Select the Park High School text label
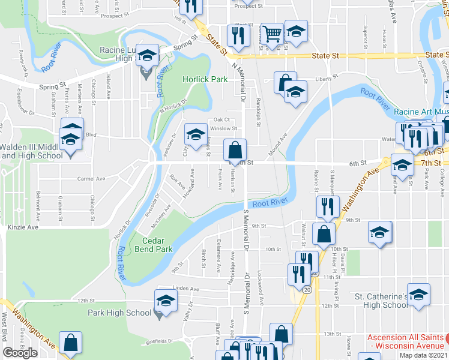click(119, 313)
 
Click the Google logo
click(20, 353)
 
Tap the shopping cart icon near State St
click(273, 35)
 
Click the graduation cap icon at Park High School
click(166, 300)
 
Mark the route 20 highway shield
click(307, 289)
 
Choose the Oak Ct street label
click(221, 119)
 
